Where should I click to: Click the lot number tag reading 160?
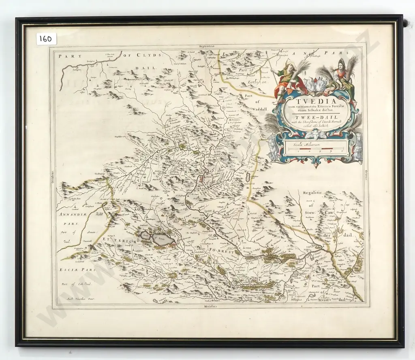tap(47, 39)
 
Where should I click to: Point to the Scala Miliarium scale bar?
tap(315, 147)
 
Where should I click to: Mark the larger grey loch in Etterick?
tap(164, 240)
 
